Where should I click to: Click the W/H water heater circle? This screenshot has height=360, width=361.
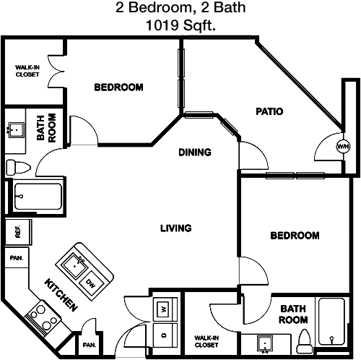pyautogui.click(x=343, y=146)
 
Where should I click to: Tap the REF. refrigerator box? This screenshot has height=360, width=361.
pyautogui.click(x=18, y=232)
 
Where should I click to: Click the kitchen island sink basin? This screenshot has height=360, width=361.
pyautogui.click(x=74, y=267)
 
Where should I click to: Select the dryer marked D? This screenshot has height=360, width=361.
pyautogui.click(x=165, y=335)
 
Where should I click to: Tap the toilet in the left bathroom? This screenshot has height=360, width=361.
pyautogui.click(x=18, y=167)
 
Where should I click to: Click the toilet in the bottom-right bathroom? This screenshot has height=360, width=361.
pyautogui.click(x=305, y=342)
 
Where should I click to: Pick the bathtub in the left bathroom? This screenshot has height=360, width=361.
pyautogui.click(x=38, y=197)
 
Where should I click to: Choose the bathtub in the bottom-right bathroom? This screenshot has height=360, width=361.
pyautogui.click(x=331, y=322)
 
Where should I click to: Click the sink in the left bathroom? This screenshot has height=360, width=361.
pyautogui.click(x=17, y=130)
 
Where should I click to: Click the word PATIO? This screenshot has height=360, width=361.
pyautogui.click(x=269, y=111)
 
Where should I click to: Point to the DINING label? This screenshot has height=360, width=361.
pyautogui.click(x=195, y=153)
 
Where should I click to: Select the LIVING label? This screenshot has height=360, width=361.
pyautogui.click(x=176, y=228)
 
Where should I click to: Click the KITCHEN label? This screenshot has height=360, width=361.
pyautogui.click(x=61, y=295)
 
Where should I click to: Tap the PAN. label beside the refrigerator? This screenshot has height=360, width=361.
pyautogui.click(x=17, y=258)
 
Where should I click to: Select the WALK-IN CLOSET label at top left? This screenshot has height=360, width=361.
pyautogui.click(x=27, y=71)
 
